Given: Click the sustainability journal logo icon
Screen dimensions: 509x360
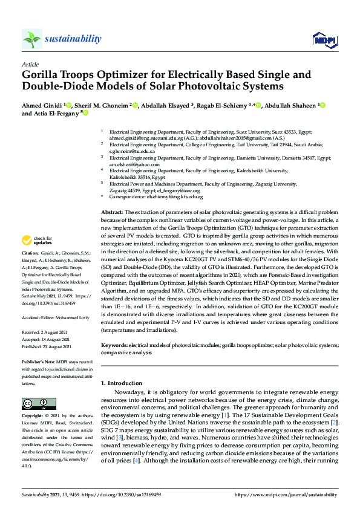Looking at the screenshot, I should (x=32, y=39).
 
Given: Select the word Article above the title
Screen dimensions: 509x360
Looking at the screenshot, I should (x=30, y=64).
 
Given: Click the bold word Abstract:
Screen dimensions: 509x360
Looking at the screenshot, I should (x=111, y=213).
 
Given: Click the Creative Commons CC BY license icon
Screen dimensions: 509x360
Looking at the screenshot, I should (x=35, y=403).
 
